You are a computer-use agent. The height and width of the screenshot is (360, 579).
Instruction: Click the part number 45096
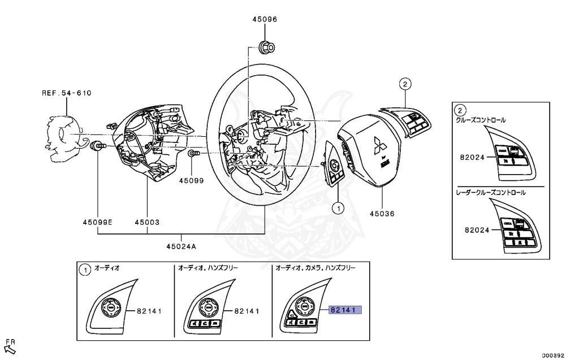[264, 19]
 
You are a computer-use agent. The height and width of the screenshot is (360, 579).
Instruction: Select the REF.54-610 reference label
[66, 93]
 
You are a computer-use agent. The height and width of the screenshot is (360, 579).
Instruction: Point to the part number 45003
[146, 222]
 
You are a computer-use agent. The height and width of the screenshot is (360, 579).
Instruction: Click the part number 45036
[382, 214]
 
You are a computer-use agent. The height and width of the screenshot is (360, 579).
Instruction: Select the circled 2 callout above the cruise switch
[405, 84]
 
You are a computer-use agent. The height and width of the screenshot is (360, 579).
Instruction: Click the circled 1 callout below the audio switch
[338, 209]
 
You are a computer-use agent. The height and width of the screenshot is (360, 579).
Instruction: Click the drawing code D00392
[554, 355]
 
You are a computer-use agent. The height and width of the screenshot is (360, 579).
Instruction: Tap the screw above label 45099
[193, 153]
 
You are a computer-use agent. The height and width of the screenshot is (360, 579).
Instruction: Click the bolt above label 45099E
[98, 146]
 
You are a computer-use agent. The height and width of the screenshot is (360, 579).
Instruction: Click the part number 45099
[191, 181]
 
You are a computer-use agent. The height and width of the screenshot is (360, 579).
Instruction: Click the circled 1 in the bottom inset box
[84, 270]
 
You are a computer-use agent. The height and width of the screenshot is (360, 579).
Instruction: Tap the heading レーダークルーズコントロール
[491, 192]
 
